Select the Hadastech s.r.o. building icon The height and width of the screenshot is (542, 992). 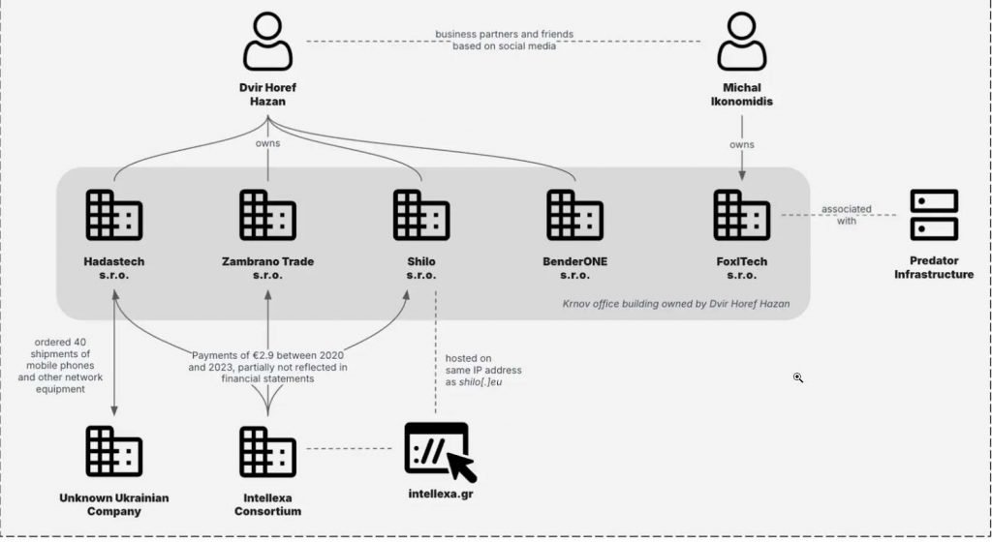113,215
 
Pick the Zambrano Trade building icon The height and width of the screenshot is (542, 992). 267,215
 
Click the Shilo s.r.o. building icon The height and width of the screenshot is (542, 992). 421,215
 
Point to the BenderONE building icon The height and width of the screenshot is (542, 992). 574,215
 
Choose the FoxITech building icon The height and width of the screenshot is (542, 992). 741,215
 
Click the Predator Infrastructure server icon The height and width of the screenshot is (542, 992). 934,215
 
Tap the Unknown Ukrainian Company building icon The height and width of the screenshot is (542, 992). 113,451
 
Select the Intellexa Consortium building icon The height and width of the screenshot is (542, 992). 267,451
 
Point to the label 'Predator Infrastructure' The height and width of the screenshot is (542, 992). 934,267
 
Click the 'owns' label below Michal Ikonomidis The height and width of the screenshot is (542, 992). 742,145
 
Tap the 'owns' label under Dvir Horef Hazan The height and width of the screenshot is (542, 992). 268,145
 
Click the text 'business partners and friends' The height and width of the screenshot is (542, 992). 504,34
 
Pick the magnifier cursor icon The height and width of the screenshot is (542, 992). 798,377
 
